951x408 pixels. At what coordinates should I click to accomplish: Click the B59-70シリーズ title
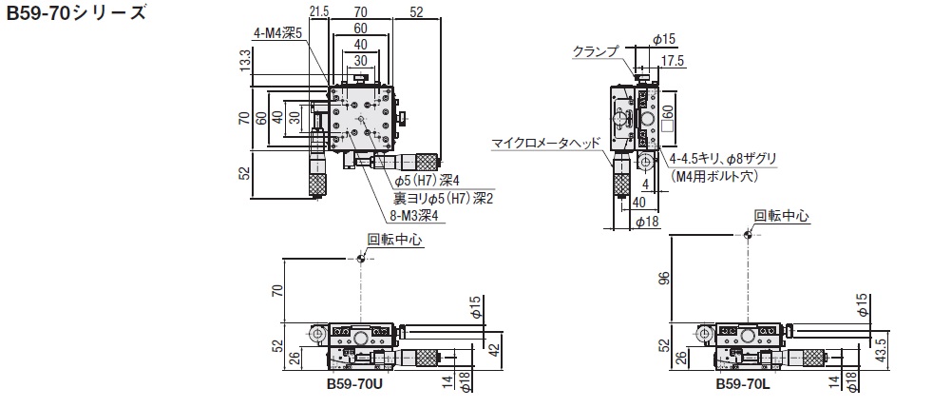pos(76,14)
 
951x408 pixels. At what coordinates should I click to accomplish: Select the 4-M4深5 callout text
pos(277,32)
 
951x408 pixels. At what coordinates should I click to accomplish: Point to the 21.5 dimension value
pos(319,10)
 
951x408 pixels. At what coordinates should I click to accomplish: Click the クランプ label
pos(595,50)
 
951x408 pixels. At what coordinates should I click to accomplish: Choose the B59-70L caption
pos(741,387)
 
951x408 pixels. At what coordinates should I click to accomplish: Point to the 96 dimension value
pos(664,278)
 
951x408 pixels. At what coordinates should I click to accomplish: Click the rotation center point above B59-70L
pos(747,233)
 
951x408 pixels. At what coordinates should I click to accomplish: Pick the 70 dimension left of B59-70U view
pos(276,291)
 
